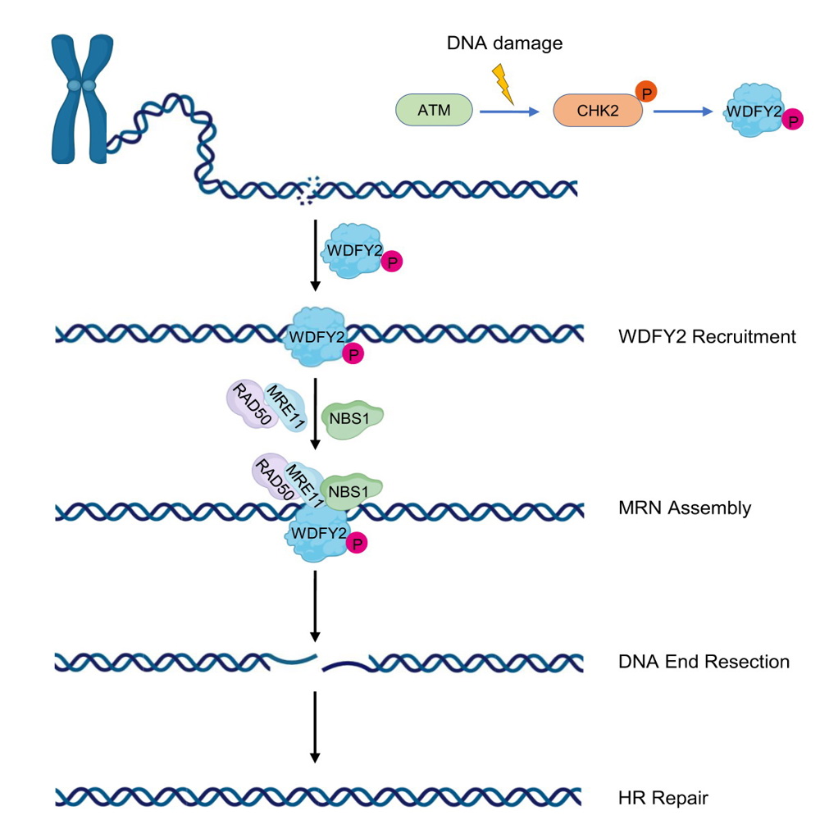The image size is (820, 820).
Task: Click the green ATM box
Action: [434, 109]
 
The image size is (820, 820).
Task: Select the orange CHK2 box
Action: [598, 110]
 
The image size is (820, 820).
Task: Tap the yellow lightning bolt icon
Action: [503, 85]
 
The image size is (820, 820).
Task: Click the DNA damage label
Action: [504, 43]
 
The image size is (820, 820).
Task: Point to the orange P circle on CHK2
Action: [646, 92]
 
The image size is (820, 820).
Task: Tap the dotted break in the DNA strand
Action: [309, 190]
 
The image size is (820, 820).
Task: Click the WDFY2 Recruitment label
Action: [707, 336]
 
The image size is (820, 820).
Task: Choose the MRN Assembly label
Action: [685, 508]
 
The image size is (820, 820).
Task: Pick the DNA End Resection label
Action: [704, 661]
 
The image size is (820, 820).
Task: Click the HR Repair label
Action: [663, 797]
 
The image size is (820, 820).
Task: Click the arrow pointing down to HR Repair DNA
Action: [316, 727]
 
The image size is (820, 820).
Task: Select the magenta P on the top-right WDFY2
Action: [792, 121]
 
